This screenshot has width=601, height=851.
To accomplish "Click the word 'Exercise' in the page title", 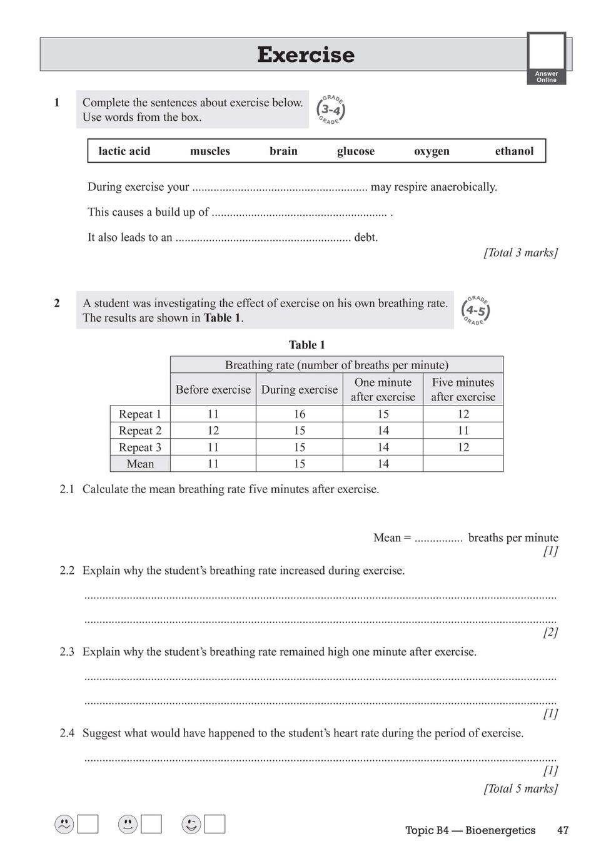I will (306, 55).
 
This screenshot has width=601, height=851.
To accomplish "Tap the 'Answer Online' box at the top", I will (546, 58).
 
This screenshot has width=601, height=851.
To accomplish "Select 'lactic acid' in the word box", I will (124, 151).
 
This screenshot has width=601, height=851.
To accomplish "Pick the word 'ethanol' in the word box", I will (514, 151).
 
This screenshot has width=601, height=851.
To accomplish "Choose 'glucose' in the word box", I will (356, 151).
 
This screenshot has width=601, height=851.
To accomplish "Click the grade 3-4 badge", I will (331, 110).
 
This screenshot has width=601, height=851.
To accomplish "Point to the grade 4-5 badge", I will (475, 310).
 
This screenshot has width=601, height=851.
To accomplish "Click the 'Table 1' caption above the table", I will (306, 345).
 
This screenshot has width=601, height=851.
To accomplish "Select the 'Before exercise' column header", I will (213, 389).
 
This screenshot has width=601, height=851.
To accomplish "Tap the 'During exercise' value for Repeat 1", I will (300, 414).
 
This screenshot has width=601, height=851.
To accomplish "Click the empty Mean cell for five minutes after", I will (463, 464).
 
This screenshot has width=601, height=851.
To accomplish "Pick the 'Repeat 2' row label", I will (140, 431).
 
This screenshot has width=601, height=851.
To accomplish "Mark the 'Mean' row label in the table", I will (140, 464).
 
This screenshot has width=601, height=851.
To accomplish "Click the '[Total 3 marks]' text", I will (520, 252).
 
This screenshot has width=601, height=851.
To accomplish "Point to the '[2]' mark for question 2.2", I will (550, 632).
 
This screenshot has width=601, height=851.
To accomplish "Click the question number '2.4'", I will (67, 733).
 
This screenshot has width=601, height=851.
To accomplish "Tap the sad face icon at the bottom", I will (64, 825).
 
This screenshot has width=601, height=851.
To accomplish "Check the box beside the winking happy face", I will (215, 824).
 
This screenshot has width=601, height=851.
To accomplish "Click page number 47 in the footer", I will (563, 830).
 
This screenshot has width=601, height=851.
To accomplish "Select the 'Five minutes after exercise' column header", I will (463, 389).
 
